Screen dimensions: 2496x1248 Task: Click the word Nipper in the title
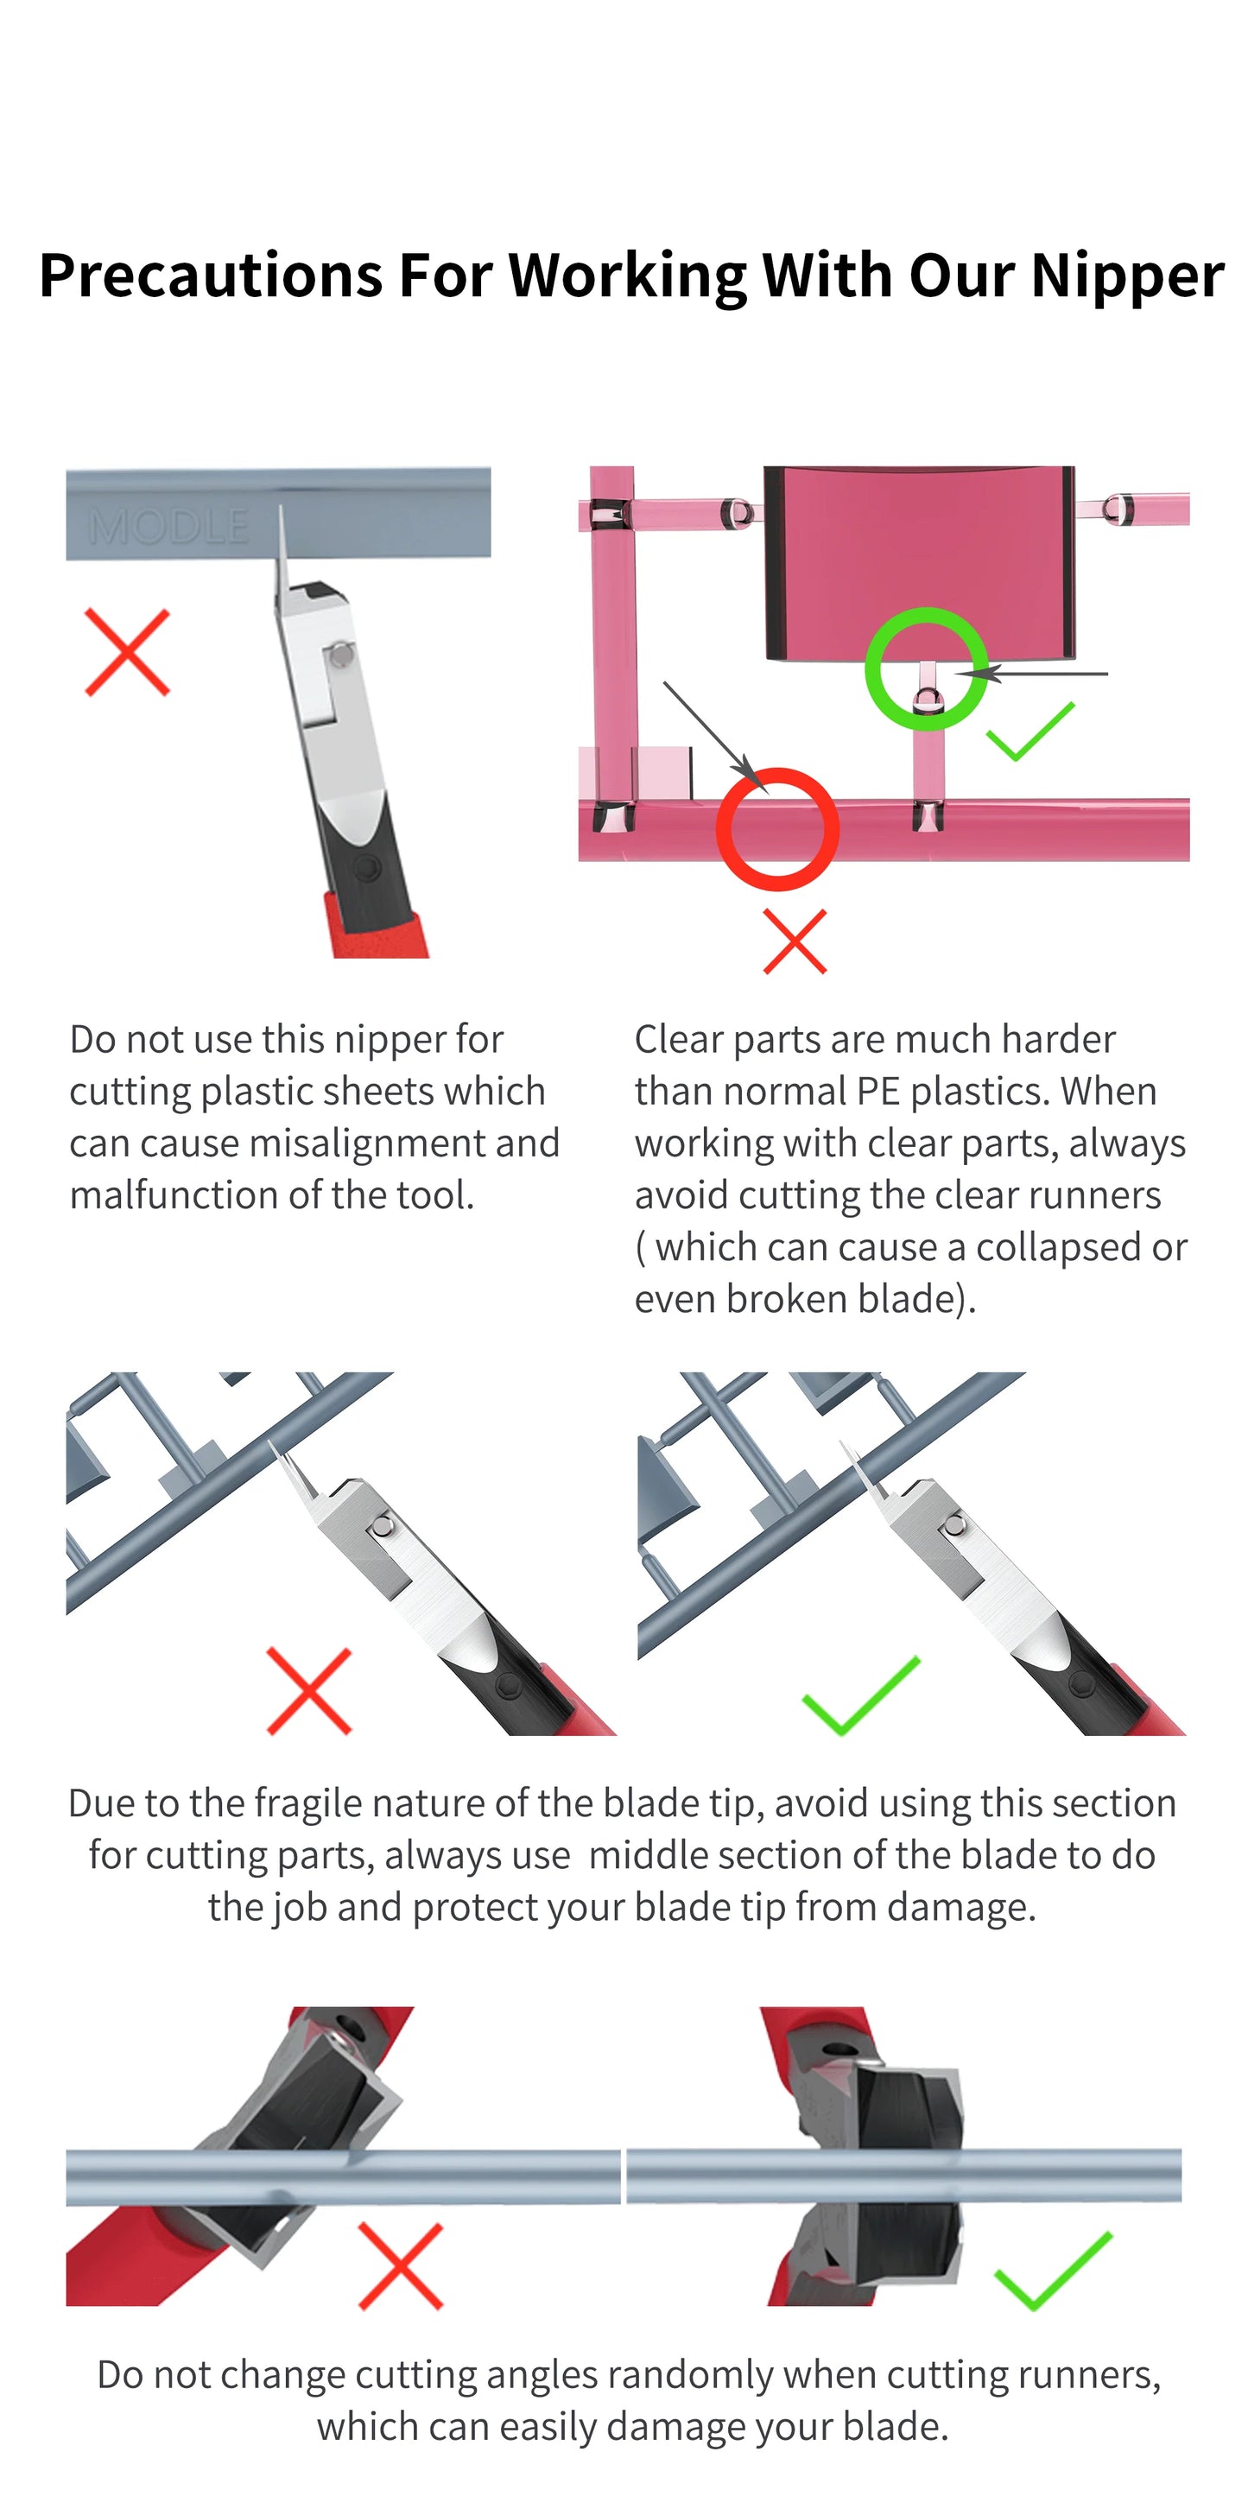pyautogui.click(x=1127, y=276)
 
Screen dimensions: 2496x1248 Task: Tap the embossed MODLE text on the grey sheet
pyautogui.click(x=168, y=527)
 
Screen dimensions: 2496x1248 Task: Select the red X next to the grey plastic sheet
pyautogui.click(x=127, y=652)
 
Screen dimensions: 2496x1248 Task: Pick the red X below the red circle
pyautogui.click(x=795, y=941)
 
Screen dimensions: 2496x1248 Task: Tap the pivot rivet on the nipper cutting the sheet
pyautogui.click(x=341, y=655)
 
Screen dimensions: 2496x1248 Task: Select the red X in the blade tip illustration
pyautogui.click(x=308, y=1691)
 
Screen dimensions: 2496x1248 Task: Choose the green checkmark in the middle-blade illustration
pyautogui.click(x=860, y=1695)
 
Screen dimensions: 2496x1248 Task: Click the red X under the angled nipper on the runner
pyautogui.click(x=400, y=2266)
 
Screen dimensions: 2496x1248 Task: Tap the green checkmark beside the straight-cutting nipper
pyautogui.click(x=1052, y=2271)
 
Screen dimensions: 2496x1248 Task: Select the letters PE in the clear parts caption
pyautogui.click(x=877, y=1092)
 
